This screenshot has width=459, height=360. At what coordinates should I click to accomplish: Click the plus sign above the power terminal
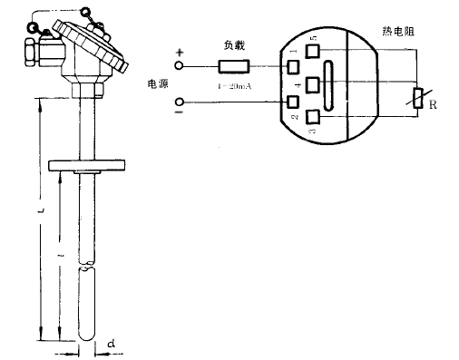click(179, 54)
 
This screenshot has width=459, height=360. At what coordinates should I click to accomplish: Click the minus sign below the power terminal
click(179, 114)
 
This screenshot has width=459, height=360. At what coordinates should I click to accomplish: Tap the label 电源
click(158, 84)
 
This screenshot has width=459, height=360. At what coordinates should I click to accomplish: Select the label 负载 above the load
click(233, 44)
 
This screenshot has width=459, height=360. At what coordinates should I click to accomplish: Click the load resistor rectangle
click(233, 65)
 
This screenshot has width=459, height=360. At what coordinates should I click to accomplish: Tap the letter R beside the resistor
click(434, 106)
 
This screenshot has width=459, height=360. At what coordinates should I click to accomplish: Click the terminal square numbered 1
click(294, 66)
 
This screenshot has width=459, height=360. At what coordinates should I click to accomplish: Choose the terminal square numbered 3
click(314, 116)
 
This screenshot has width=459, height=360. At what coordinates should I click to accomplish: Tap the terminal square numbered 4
click(314, 85)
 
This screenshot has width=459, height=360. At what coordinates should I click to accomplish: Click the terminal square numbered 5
click(314, 52)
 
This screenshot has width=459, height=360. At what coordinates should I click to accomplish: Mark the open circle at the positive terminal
click(179, 66)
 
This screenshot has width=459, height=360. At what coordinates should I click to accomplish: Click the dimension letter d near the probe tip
click(110, 344)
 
